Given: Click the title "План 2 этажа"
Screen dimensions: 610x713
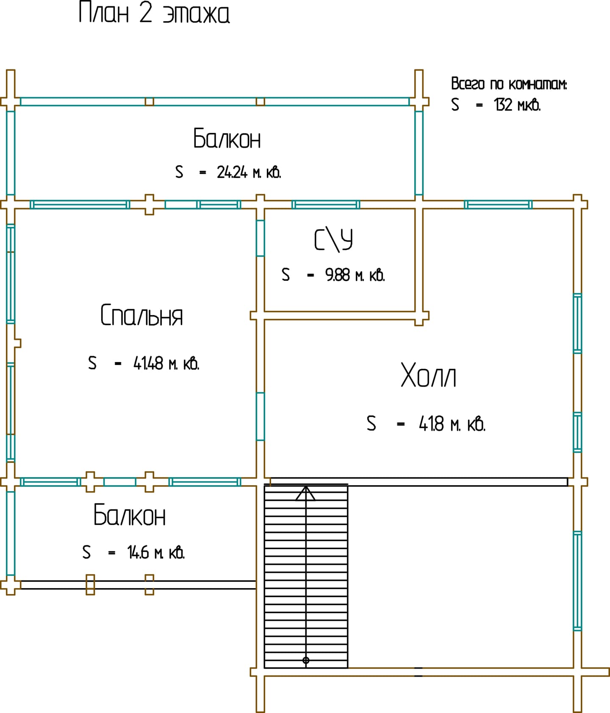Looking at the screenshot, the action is click(154, 13).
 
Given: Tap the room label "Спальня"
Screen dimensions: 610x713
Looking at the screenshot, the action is click(141, 315).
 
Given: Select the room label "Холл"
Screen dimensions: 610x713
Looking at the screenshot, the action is click(428, 375).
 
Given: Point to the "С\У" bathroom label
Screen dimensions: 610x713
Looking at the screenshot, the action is click(333, 240).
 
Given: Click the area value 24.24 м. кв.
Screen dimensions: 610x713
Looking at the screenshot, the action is click(249, 172).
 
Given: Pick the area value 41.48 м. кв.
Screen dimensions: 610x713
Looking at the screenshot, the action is click(166, 363).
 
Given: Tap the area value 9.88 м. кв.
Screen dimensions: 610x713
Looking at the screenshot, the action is click(355, 275).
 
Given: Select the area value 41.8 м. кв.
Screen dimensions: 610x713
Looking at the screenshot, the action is click(452, 423).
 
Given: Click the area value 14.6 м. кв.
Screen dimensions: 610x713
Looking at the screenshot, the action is click(156, 553).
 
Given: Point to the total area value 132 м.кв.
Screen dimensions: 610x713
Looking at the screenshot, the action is click(517, 105).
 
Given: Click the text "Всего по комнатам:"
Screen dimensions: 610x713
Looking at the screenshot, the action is click(509, 84).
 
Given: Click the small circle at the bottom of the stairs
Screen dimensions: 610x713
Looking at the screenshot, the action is click(306, 660).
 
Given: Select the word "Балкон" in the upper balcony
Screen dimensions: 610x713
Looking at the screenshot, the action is click(227, 138).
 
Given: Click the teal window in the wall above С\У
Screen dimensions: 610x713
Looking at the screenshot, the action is click(326, 205).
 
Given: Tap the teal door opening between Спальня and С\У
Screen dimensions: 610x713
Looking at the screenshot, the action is click(261, 238).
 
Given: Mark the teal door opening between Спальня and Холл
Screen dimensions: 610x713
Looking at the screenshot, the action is click(261, 416).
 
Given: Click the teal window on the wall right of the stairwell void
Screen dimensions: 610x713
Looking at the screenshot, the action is click(577, 581).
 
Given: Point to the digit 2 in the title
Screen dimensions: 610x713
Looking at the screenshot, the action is click(145, 13).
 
